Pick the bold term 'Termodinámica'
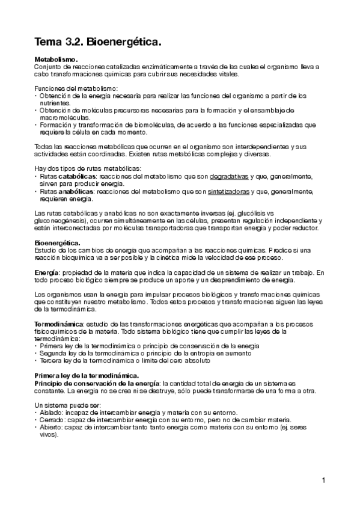tap(59, 324)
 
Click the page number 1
tap(323, 480)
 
